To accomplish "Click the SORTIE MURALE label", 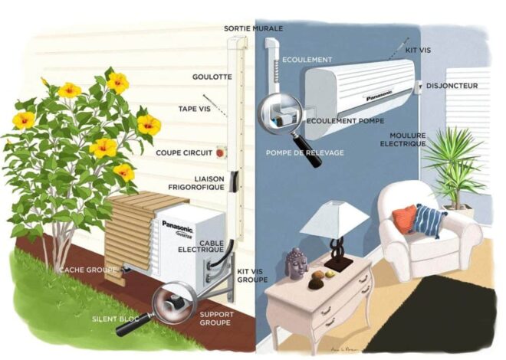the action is (253, 28).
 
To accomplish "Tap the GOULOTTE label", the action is (212, 77).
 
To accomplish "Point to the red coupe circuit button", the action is (221, 152).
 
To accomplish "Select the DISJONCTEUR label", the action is (452, 86).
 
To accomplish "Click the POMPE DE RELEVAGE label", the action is (304, 152).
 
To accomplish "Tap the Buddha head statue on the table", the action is (296, 263).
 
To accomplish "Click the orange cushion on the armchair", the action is (404, 218).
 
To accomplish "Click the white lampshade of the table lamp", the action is (334, 218).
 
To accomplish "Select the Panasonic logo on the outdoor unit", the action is (177, 226).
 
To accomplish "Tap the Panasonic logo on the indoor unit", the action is (379, 96).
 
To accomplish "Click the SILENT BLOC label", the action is (116, 319).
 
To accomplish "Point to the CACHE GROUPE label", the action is (87, 270).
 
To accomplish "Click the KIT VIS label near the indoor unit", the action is (418, 51).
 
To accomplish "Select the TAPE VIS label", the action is (194, 109).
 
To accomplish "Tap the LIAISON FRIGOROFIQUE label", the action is (196, 183).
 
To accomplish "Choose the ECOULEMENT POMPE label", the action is (345, 121).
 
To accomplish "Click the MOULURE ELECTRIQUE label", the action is (402, 139).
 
